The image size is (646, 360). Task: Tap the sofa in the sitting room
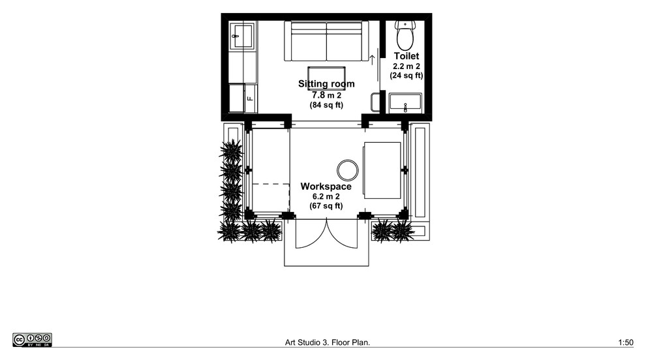pos(326,41)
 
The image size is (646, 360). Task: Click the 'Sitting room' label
pos(326,84)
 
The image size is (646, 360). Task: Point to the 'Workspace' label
pos(326,186)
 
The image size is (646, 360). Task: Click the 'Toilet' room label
pos(407,56)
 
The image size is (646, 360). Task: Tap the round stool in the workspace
pos(348,170)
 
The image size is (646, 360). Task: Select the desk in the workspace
pos(382,170)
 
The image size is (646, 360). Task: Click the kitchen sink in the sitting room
pos(242,37)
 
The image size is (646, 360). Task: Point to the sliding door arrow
pos(373,59)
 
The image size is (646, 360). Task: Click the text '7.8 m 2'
pos(326,95)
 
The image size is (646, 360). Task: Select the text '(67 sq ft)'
pos(326,205)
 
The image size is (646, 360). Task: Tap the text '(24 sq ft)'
pos(407,76)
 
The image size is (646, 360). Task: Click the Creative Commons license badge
pos(32,340)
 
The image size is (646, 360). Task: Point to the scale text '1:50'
pos(626,342)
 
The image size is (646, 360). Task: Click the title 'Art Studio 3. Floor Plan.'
pos(328,342)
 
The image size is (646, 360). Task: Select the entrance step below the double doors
pos(326,257)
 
